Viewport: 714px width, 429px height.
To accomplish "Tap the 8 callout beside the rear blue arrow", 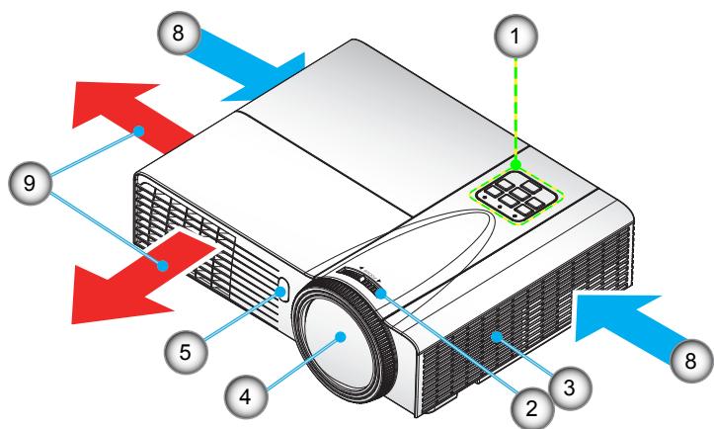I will pyautogui.click(x=179, y=32).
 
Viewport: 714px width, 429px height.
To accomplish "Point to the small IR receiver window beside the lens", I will pyautogui.click(x=283, y=291).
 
